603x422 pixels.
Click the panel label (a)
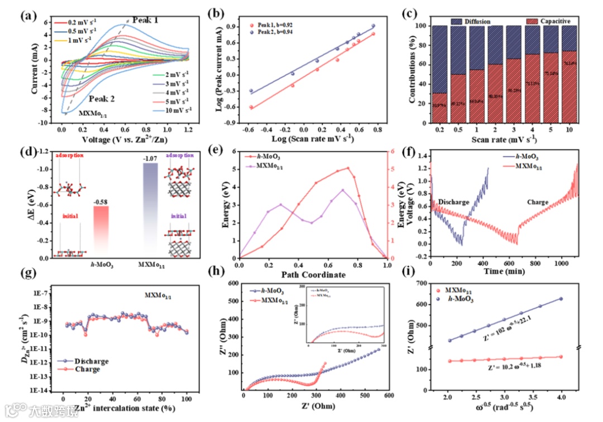[29, 15]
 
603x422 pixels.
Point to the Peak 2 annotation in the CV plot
[100, 99]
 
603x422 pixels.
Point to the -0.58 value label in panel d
[101, 201]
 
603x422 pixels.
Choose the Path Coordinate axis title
[313, 275]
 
